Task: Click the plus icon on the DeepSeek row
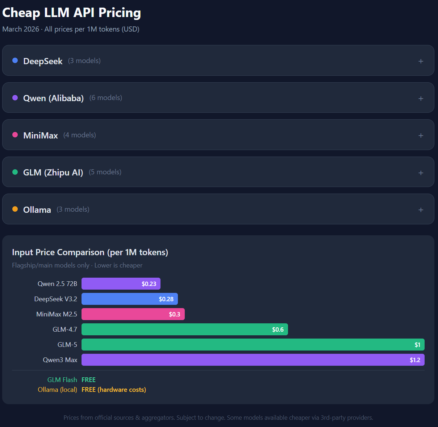(x=421, y=61)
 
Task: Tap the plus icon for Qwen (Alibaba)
(x=421, y=99)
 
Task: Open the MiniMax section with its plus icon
(x=421, y=136)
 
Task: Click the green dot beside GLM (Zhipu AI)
(x=15, y=172)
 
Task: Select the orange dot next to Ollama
(x=15, y=209)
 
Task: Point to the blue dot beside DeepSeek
(x=15, y=61)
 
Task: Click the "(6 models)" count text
(x=106, y=98)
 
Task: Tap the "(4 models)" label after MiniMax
(x=80, y=135)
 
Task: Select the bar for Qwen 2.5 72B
(x=121, y=283)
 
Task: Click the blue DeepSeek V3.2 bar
(x=130, y=299)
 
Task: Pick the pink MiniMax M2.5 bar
(x=133, y=314)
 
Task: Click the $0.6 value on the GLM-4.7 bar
(x=278, y=329)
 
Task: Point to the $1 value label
(x=417, y=345)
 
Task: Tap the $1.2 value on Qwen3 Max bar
(x=415, y=360)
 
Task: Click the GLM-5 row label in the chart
(x=67, y=345)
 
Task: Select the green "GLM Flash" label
(x=62, y=380)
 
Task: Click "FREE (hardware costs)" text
(x=114, y=390)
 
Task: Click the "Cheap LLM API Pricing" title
(x=72, y=12)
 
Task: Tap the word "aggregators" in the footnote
(x=158, y=418)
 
